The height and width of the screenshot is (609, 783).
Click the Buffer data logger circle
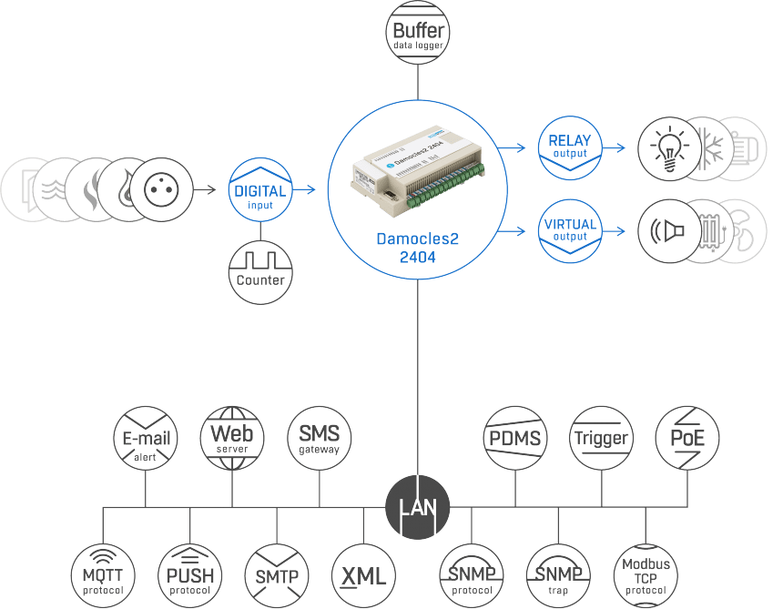(x=418, y=33)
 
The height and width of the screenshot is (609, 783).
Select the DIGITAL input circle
(x=260, y=189)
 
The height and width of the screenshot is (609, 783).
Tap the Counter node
(x=260, y=272)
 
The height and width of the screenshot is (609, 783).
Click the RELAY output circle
(x=570, y=147)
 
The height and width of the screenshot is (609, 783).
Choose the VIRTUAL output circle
(x=570, y=231)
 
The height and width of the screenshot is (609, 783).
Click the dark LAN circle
(x=418, y=507)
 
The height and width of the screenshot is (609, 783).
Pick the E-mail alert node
(x=146, y=438)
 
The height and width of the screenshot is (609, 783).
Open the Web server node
(x=232, y=438)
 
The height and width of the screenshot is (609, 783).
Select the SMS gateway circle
(x=319, y=438)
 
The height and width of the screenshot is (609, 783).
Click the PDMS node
(x=514, y=438)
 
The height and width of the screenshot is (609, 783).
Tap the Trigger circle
(x=601, y=438)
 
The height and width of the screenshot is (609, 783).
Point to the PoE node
(x=687, y=438)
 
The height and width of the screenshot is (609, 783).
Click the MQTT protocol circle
(x=103, y=575)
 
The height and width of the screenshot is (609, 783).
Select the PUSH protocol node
(x=189, y=575)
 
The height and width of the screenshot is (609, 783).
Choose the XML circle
(x=363, y=575)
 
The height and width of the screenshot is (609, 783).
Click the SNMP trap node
(x=558, y=575)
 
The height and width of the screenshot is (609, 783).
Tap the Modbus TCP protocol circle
(x=646, y=575)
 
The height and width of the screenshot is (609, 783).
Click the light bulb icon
(x=669, y=148)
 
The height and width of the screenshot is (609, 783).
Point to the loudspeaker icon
(x=667, y=231)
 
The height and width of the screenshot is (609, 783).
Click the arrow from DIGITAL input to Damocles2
(x=304, y=189)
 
